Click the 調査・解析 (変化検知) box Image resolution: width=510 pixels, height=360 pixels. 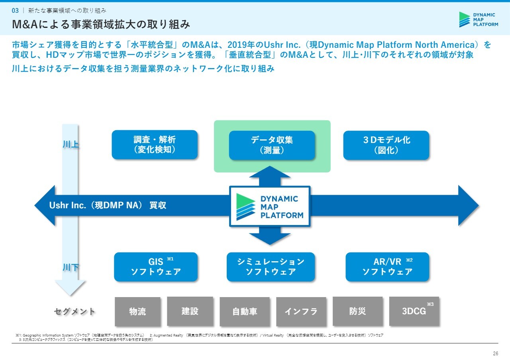(155, 145)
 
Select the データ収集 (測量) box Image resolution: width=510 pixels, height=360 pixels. (272, 145)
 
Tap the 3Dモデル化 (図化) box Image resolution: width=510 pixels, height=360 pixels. (386, 145)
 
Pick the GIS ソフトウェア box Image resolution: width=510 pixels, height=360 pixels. (156, 267)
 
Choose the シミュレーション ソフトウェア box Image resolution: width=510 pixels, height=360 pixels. (271, 267)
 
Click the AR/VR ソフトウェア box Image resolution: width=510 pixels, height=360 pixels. (387, 267)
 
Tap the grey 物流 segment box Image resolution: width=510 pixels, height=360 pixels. (137, 311)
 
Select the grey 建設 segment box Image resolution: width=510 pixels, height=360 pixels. (190, 311)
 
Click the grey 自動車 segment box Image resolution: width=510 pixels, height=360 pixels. (245, 311)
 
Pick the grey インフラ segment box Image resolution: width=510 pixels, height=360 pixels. (301, 311)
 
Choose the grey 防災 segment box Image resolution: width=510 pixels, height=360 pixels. (357, 311)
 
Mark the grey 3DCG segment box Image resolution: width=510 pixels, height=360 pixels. (414, 311)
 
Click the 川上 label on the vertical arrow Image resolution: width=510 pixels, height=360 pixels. (71, 145)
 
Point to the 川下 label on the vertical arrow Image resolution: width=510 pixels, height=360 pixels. (71, 267)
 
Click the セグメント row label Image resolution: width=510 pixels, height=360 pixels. (75, 311)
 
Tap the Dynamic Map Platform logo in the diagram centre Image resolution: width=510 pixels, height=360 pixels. (270, 206)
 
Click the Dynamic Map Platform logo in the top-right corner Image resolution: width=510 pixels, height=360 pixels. (479, 20)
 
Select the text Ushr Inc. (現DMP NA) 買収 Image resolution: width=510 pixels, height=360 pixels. (108, 205)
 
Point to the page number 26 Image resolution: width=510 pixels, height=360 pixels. (496, 354)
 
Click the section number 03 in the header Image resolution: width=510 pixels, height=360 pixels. (16, 10)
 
